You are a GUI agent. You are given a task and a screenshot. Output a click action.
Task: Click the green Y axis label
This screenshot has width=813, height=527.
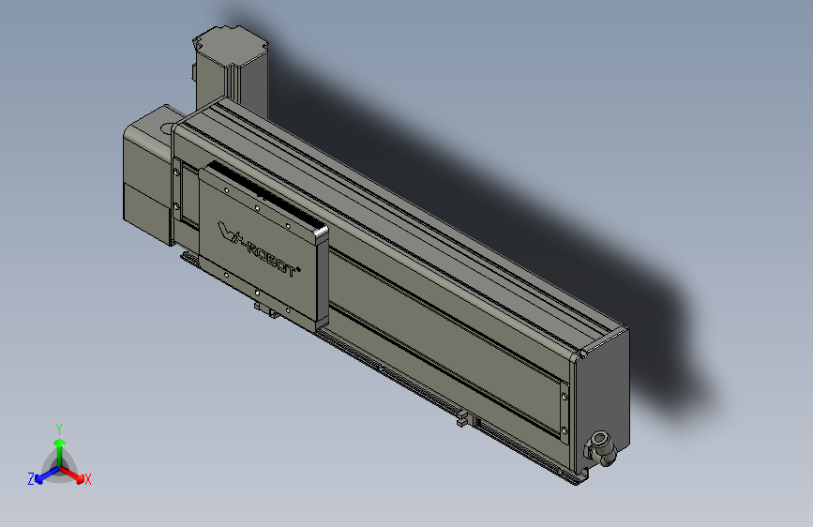pyautogui.click(x=59, y=427)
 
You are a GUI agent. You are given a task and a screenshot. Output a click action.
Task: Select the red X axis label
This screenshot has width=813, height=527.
pyautogui.click(x=88, y=479)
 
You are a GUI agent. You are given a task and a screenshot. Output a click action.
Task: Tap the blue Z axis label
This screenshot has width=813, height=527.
pyautogui.click(x=31, y=478)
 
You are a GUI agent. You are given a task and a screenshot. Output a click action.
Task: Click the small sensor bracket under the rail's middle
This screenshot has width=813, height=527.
pyautogui.click(x=461, y=419)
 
